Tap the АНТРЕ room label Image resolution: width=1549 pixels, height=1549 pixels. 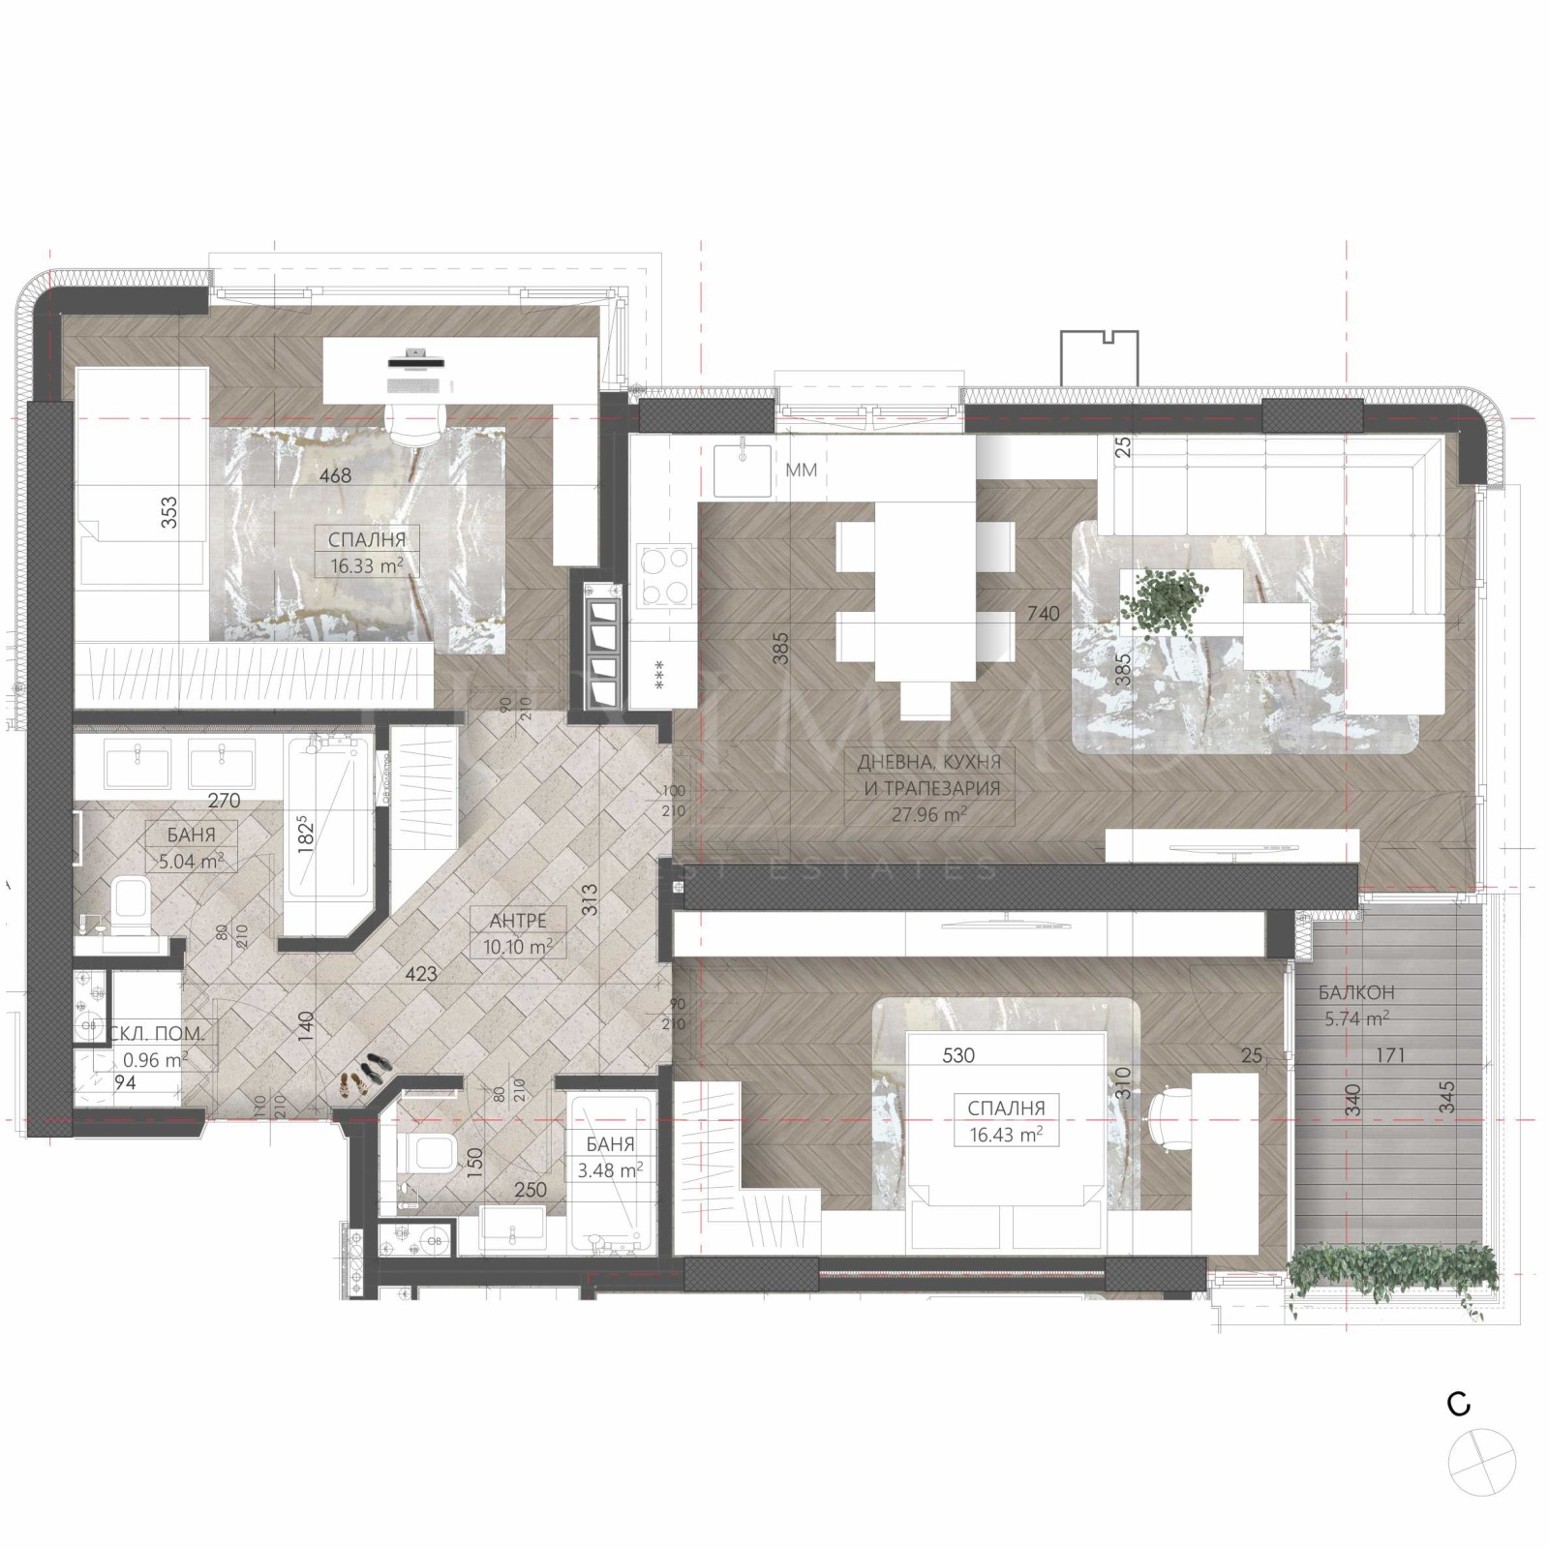coord(518,921)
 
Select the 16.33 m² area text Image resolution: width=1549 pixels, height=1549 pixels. coord(366,566)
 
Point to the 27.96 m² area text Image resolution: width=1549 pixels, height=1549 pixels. coord(928,814)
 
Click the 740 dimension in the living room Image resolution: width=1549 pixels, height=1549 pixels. coord(1044,613)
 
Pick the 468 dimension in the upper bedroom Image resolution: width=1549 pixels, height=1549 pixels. coord(336,475)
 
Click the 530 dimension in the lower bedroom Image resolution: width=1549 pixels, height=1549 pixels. coord(958,1055)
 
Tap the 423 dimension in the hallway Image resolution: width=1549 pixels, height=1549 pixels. coord(421,974)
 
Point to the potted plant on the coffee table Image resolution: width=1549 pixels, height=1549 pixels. coord(1165,600)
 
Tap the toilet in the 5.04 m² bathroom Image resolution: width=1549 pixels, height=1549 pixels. coord(128,899)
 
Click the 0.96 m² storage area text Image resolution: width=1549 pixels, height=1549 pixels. coord(155,1059)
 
